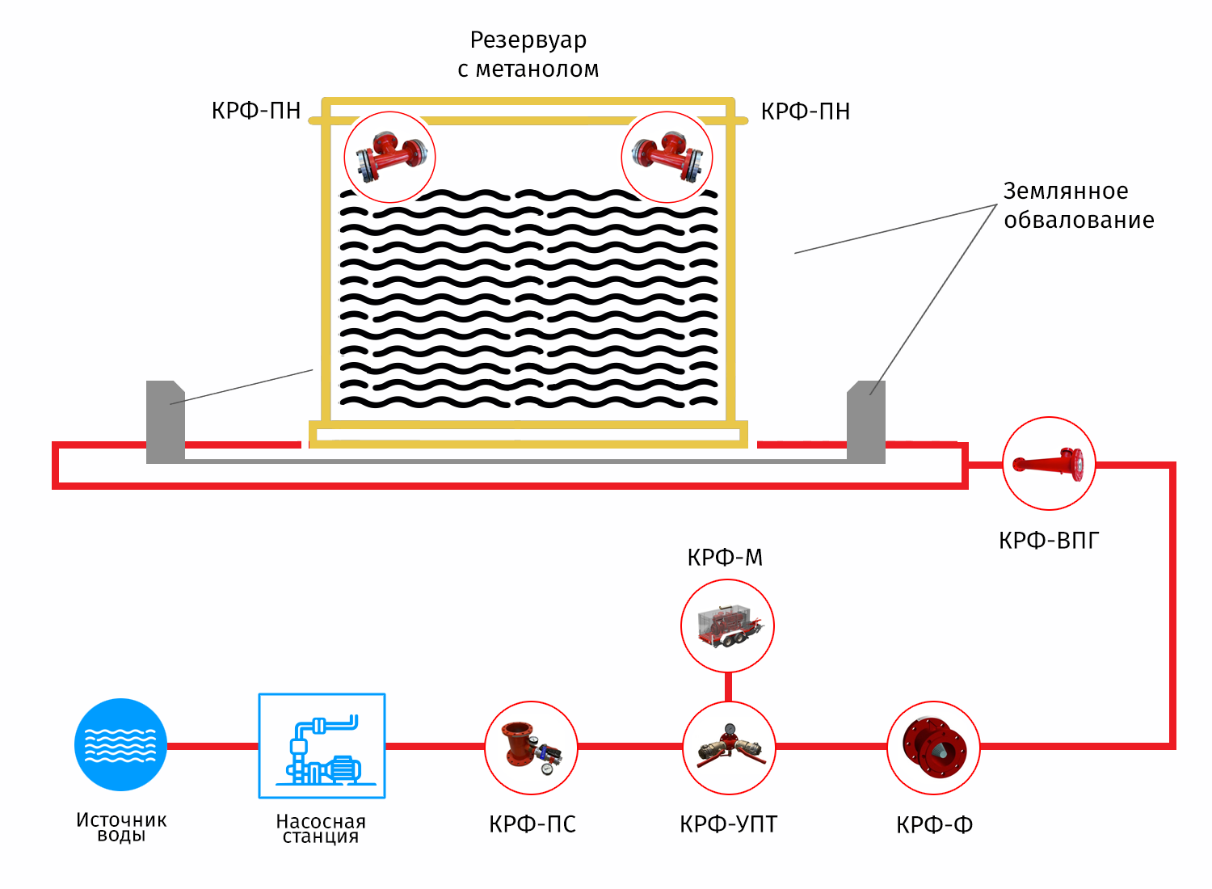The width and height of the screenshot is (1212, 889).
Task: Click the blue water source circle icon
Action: (x=120, y=745)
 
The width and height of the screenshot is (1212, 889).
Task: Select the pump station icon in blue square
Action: (x=322, y=746)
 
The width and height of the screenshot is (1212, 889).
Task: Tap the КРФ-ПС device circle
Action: (x=532, y=748)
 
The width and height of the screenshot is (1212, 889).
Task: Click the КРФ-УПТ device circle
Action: (x=729, y=748)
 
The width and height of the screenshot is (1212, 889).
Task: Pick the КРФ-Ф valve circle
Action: (x=934, y=748)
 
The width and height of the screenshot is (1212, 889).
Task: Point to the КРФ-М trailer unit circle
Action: (x=728, y=626)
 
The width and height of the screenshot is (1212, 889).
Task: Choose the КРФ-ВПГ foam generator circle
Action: (x=1049, y=463)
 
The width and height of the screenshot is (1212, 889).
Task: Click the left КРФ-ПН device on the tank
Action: (x=390, y=157)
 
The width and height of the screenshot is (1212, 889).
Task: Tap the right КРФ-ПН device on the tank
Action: (x=667, y=157)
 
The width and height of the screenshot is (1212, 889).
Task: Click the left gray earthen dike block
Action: (x=166, y=422)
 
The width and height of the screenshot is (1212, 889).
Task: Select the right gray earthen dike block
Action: (x=866, y=422)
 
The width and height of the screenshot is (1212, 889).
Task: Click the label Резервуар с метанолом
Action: (x=528, y=54)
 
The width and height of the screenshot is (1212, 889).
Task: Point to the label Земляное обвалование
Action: (x=1079, y=205)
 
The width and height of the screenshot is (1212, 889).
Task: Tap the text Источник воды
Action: (x=121, y=828)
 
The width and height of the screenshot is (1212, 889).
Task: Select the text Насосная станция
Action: (x=322, y=829)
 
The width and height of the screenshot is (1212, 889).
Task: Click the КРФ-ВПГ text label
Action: (x=1049, y=541)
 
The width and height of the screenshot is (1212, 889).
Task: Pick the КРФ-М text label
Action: (x=725, y=558)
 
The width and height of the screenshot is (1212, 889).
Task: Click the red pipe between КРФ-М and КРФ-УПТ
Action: (x=728, y=687)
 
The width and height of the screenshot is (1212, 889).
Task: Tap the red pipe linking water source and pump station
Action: (x=213, y=747)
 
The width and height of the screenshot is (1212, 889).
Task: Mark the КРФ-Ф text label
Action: (x=934, y=825)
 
